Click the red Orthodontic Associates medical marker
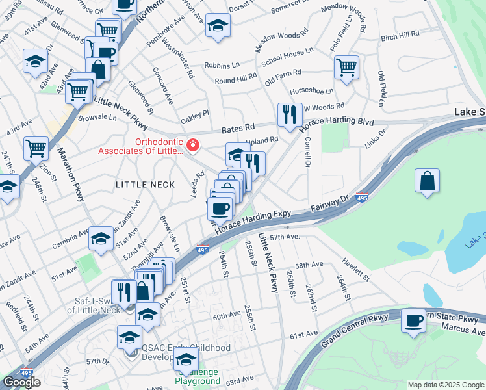[192, 145]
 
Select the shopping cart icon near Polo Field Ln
[346, 66]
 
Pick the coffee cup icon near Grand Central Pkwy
[413, 321]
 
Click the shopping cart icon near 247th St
[36, 148]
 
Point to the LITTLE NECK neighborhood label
[145, 185]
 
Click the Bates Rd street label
[238, 129]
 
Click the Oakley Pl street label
[195, 113]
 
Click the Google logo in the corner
[21, 382]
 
